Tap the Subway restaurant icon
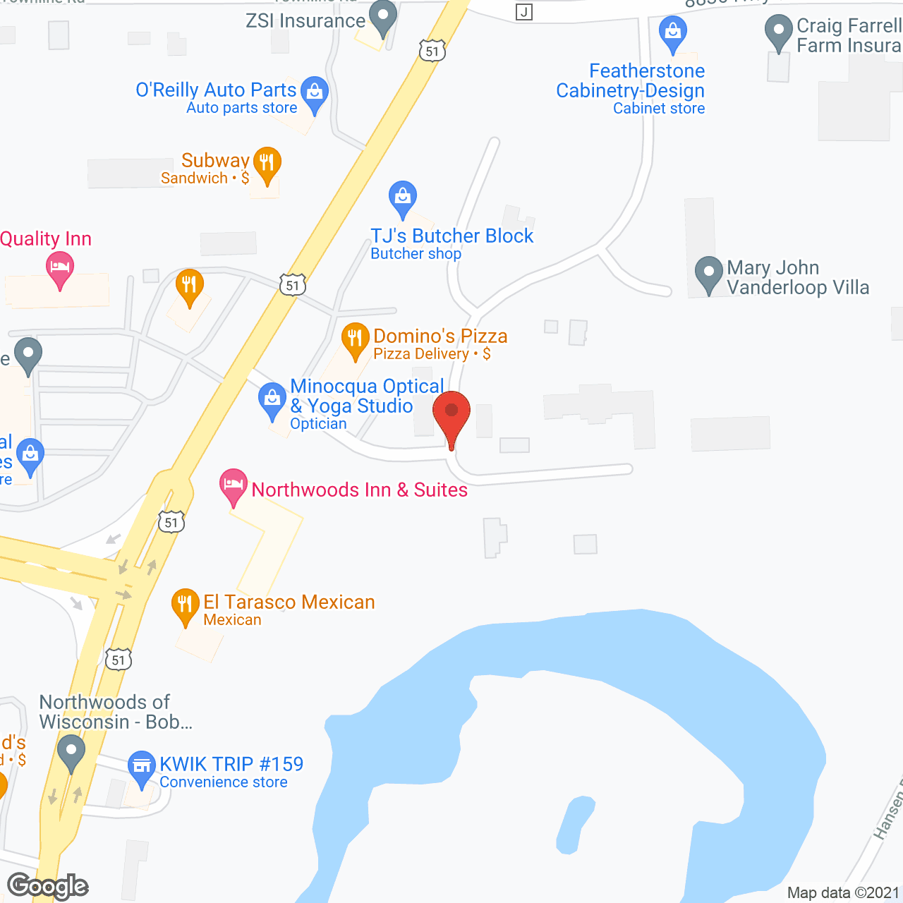267,163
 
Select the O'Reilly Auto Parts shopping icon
315,92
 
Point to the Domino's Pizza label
440,337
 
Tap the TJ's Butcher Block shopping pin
402,197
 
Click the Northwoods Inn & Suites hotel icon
234,485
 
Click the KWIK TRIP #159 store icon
142,765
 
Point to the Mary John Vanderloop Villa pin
709,272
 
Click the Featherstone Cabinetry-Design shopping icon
673,32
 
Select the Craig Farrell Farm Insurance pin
778,31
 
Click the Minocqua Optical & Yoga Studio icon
272,399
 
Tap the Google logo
48,886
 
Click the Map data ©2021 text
843,892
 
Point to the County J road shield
523,12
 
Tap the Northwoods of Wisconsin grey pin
71,751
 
